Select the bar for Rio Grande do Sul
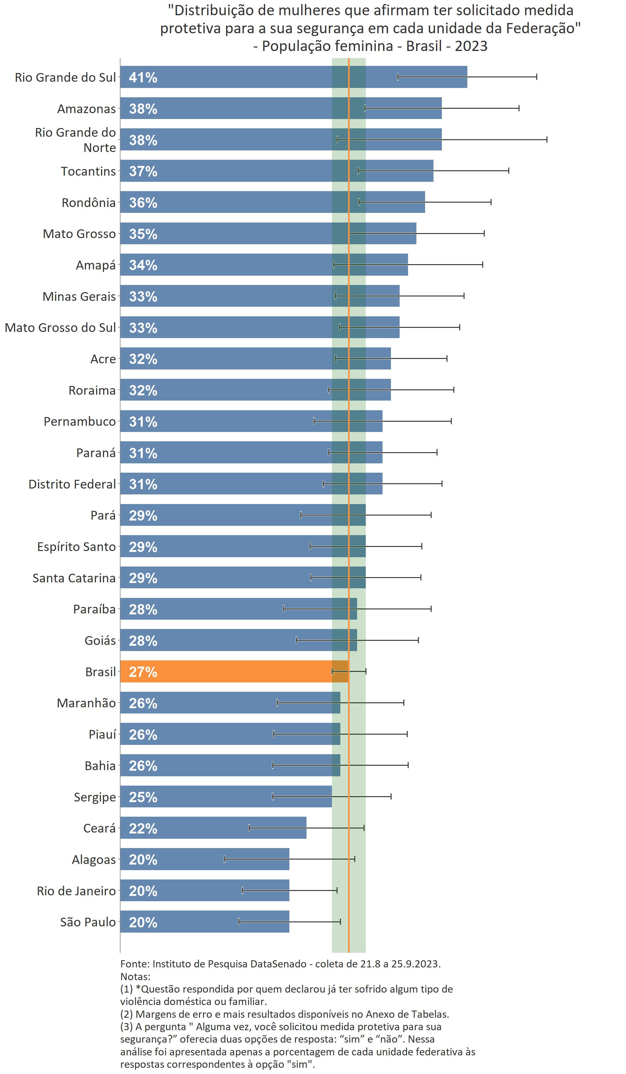[x=293, y=77]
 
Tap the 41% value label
[x=143, y=78]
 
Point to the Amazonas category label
[x=86, y=109]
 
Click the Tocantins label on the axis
[x=88, y=171]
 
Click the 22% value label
[x=143, y=828]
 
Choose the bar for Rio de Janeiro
[x=204, y=890]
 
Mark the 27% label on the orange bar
[x=143, y=672]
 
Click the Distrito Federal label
[x=72, y=484]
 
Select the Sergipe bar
[x=226, y=796]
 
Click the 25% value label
[x=143, y=797]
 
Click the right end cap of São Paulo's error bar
[x=340, y=921]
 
